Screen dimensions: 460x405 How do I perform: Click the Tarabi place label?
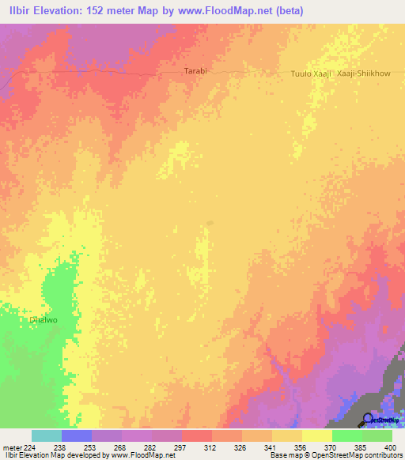click(x=195, y=71)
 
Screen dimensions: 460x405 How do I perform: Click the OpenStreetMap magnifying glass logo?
click(x=369, y=419)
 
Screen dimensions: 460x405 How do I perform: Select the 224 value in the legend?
click(x=28, y=447)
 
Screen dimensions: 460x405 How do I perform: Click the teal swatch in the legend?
click(x=47, y=435)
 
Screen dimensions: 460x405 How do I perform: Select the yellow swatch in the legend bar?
click(x=316, y=435)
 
